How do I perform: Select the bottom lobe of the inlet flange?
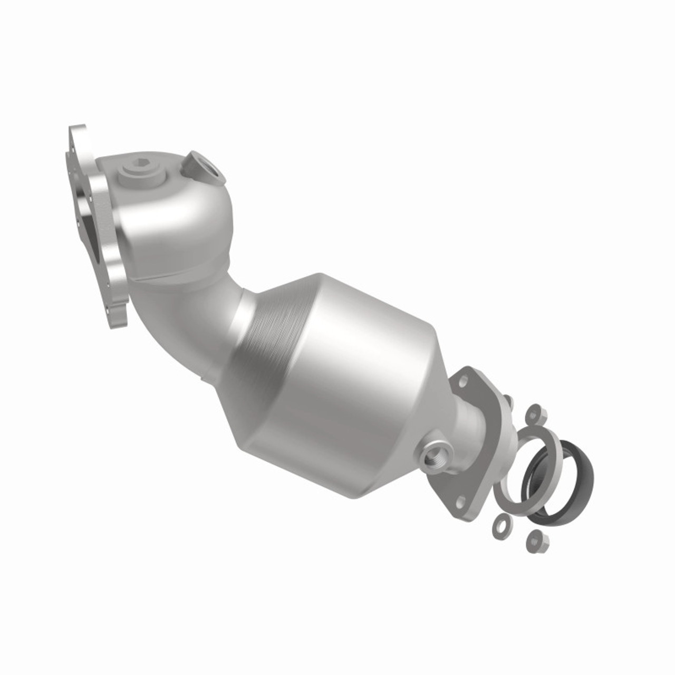pyautogui.click(x=118, y=314)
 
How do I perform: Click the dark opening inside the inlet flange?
pyautogui.click(x=88, y=227)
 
